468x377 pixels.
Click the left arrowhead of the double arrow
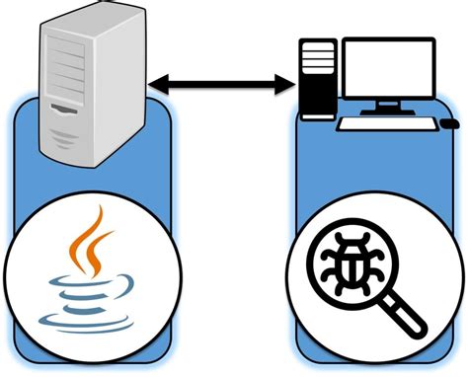point(159,86)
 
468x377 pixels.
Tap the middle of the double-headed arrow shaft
point(224,86)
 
